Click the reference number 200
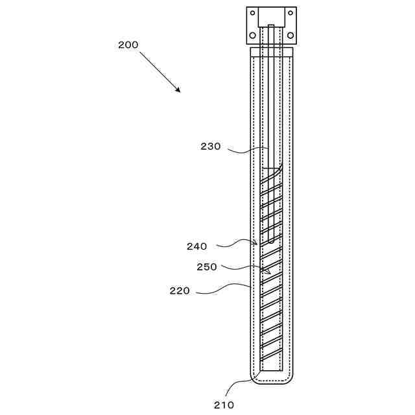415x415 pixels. tap(128, 45)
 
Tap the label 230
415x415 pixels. tap(210, 147)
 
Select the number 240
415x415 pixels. tap(196, 246)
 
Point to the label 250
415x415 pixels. tap(206, 267)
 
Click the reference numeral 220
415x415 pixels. tap(180, 290)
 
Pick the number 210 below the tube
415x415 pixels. tap(225, 405)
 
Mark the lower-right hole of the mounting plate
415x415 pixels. tap(290, 34)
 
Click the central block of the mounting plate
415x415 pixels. tap(271, 17)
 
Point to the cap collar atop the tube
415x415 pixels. tap(272, 50)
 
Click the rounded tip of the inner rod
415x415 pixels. tap(271, 241)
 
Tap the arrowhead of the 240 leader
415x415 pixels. tap(258, 244)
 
